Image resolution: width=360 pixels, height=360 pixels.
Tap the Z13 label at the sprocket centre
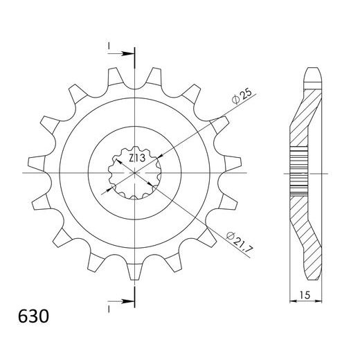136,159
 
